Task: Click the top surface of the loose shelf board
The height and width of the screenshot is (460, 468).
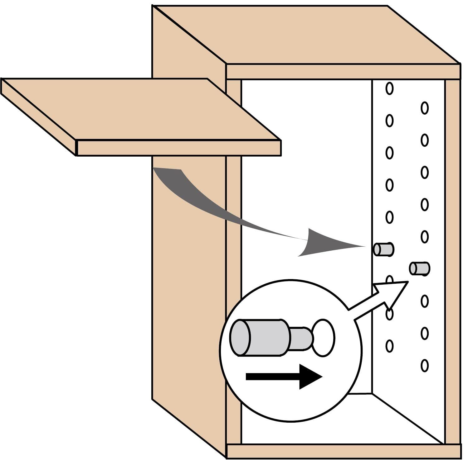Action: [x=140, y=109]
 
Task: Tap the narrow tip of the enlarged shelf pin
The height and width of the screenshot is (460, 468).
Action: [x=301, y=339]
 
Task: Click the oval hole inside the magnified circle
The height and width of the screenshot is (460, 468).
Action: [x=324, y=338]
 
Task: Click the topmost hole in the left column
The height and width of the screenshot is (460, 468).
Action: [x=389, y=88]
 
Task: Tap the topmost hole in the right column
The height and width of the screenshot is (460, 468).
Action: [x=424, y=108]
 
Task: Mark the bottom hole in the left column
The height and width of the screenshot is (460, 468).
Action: [x=389, y=346]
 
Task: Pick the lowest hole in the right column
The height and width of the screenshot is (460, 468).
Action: [x=424, y=366]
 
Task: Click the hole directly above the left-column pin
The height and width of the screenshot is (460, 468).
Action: [x=389, y=217]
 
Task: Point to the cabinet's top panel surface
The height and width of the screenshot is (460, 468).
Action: [x=306, y=34]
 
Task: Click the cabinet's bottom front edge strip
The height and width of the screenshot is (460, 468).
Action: [x=343, y=452]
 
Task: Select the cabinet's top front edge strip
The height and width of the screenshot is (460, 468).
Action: [x=343, y=72]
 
